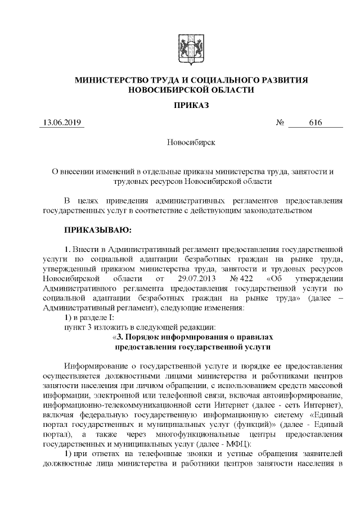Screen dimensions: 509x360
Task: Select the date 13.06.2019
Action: click(x=62, y=123)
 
